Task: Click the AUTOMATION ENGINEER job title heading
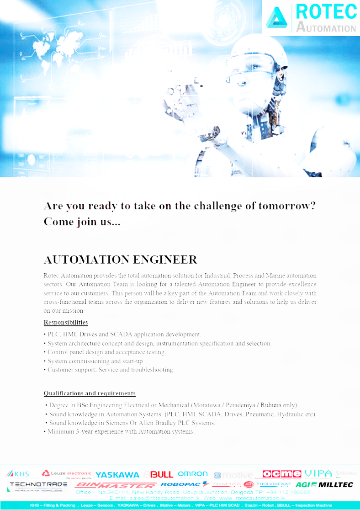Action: pyautogui.click(x=120, y=260)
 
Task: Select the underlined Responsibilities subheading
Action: pyautogui.click(x=66, y=323)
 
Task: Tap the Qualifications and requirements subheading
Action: pyautogui.click(x=90, y=393)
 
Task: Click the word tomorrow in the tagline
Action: pyautogui.click(x=287, y=206)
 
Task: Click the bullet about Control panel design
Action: pyautogui.click(x=106, y=352)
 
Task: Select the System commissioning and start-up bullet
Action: pyautogui.click(x=95, y=361)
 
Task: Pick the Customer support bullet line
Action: pyautogui.click(x=110, y=370)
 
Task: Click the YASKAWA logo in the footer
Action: pyautogui.click(x=117, y=475)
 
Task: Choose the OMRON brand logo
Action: pyautogui.click(x=192, y=474)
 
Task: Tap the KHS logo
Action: pyautogui.click(x=18, y=474)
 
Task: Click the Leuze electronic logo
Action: pyautogui.click(x=66, y=473)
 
